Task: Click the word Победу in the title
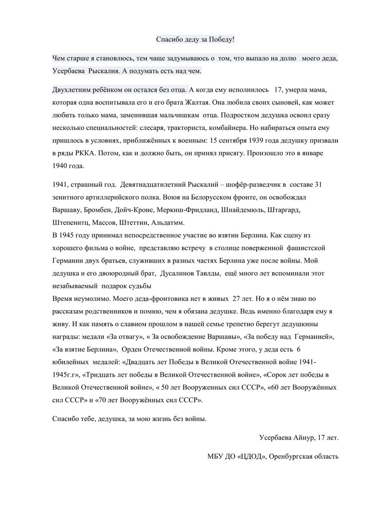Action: (x=221, y=40)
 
